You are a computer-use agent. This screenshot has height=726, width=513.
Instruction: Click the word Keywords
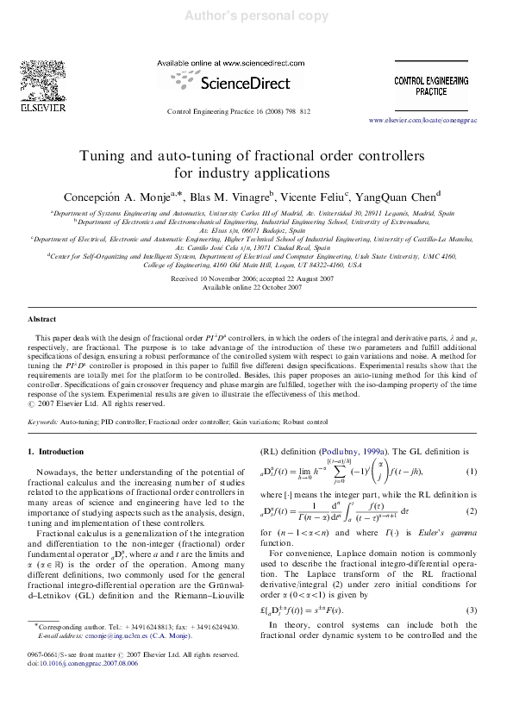coord(44,422)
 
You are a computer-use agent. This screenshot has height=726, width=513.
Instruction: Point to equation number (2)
coord(472,511)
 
